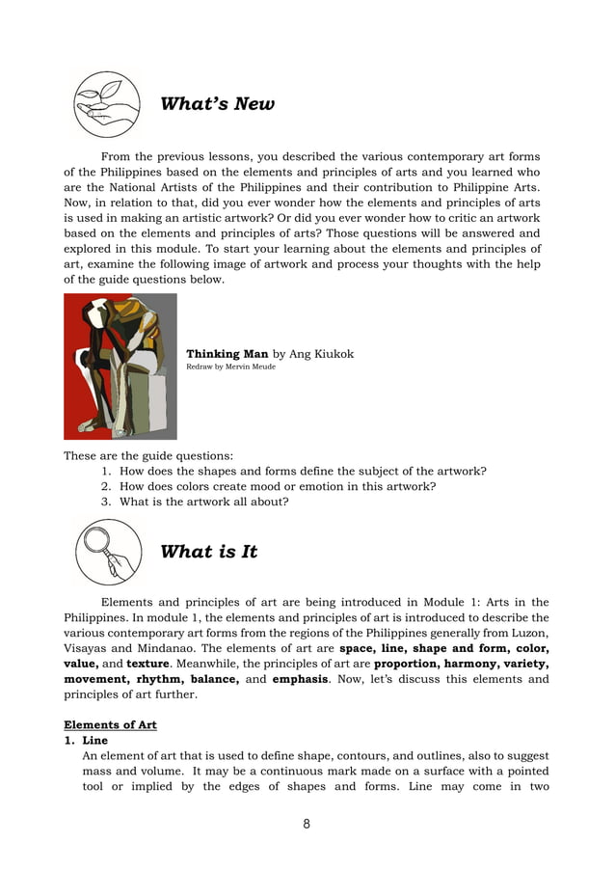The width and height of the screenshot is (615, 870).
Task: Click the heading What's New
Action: (217, 104)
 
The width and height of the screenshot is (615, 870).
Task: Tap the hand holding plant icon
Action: (107, 104)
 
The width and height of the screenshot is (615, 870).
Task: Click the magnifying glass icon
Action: (107, 552)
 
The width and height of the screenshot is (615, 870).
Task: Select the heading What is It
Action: (208, 552)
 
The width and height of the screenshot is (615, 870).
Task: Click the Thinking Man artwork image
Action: (120, 367)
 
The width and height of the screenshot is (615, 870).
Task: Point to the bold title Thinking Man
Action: (227, 354)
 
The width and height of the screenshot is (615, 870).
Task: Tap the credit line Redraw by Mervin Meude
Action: (230, 367)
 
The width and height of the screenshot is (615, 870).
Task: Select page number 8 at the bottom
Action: (307, 824)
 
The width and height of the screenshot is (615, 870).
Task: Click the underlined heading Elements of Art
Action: (110, 724)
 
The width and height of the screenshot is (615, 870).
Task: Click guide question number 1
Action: (293, 471)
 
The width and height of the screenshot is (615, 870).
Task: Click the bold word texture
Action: (149, 664)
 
